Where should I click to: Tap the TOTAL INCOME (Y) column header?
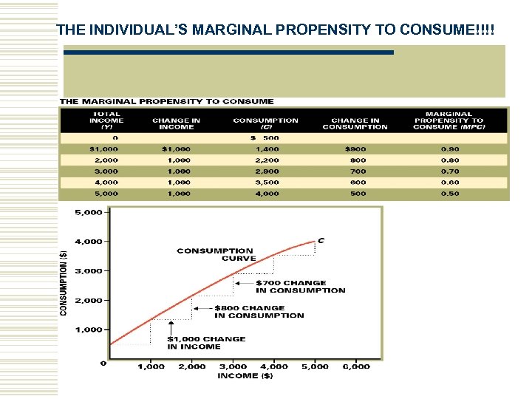106,120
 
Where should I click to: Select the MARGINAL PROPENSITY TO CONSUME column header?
449,120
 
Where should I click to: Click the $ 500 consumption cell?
265,138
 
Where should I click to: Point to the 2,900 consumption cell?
267,171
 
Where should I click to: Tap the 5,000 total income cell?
105,194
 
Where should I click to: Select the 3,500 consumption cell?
267,183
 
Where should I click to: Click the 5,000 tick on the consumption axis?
89,212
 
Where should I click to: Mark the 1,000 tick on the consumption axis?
89,330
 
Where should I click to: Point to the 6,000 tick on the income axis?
356,366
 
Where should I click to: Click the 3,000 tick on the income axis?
233,366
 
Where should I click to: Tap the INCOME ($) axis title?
245,376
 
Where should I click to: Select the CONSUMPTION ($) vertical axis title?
64,281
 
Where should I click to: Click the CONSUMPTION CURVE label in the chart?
215,255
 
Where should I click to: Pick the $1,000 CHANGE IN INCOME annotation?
205,343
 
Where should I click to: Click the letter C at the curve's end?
321,239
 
